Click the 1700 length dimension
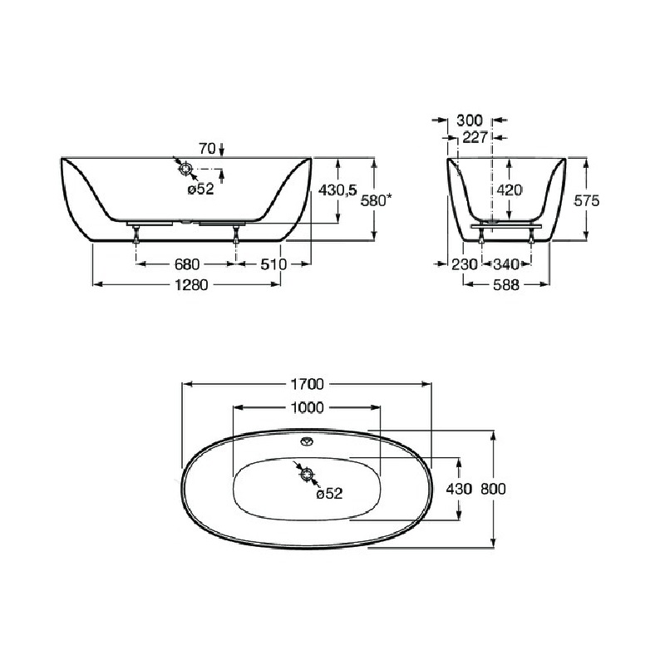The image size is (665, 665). click(x=307, y=384)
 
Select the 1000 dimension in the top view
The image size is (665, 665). click(x=307, y=407)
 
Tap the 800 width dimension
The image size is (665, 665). click(x=493, y=489)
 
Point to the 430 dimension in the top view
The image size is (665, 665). click(x=459, y=489)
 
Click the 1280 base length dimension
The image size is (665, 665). click(x=191, y=284)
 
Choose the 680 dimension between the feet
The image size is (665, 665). click(x=186, y=264)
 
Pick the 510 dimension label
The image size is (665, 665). click(x=273, y=264)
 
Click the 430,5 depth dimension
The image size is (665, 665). click(x=337, y=190)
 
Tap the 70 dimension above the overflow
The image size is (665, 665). click(x=207, y=149)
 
